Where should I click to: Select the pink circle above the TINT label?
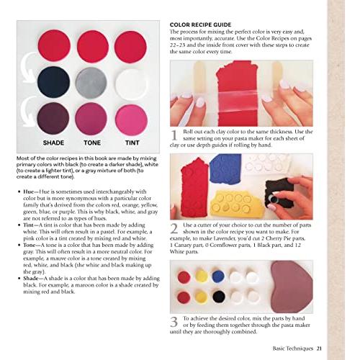coord(130,117)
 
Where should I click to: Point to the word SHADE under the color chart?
coord(53,143)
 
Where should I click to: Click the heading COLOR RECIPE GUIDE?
coord(199,24)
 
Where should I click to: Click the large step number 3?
coord(174,322)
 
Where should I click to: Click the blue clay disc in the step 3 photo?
coord(218,276)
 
